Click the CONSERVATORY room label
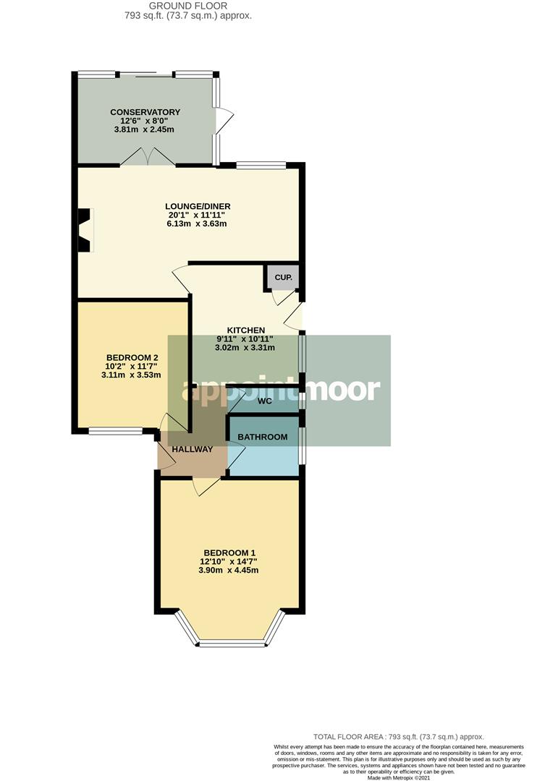click(x=145, y=112)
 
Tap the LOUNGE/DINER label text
click(x=197, y=206)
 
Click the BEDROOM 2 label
click(x=132, y=357)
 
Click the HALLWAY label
click(x=192, y=449)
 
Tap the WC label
click(x=264, y=401)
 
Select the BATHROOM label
click(x=262, y=437)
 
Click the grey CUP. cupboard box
click(x=282, y=277)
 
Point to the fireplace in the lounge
click(x=85, y=230)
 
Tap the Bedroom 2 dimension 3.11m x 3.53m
click(x=132, y=375)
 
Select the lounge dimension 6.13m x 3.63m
click(x=197, y=223)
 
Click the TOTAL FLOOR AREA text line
click(x=398, y=736)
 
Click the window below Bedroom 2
click(x=116, y=432)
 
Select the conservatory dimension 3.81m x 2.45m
click(x=145, y=129)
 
